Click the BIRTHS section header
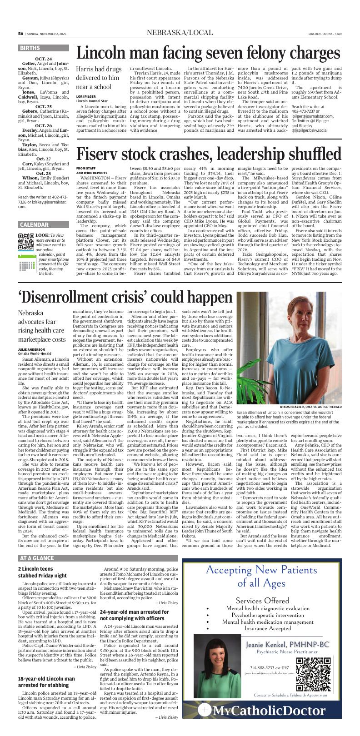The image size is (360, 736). (x=30, y=48)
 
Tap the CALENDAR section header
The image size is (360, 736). (x=34, y=225)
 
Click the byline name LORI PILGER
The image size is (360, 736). (x=86, y=96)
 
